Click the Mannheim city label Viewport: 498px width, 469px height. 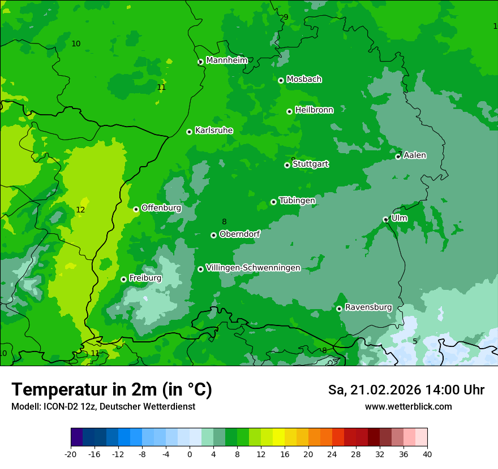click(226, 60)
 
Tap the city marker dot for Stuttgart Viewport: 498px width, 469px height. click(287, 165)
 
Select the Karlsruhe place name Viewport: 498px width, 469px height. click(214, 131)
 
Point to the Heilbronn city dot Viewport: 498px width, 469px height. click(289, 111)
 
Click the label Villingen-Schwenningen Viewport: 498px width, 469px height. click(253, 268)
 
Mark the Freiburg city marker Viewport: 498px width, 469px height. click(123, 279)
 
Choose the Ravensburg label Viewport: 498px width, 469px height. click(368, 307)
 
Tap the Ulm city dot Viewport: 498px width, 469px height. click(385, 219)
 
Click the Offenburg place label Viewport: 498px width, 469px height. click(161, 208)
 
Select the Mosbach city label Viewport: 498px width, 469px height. click(304, 80)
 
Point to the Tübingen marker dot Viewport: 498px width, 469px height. click(273, 202)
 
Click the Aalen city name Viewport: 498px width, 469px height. click(415, 155)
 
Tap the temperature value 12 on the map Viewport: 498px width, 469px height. click(80, 210)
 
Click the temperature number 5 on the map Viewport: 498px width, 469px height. click(415, 341)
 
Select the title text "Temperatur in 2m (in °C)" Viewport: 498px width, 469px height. click(111, 390)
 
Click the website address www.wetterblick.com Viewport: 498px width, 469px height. click(408, 407)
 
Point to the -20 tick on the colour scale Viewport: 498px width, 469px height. click(71, 454)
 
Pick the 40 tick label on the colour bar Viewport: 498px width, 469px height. click(427, 454)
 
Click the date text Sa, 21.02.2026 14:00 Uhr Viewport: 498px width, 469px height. click(406, 390)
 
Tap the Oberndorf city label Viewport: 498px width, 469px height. click(239, 234)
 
